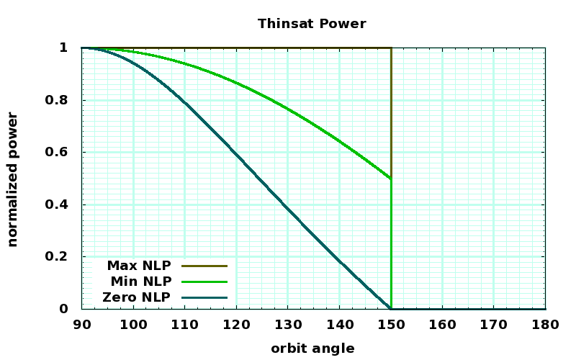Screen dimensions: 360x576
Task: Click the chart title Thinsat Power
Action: pyautogui.click(x=312, y=24)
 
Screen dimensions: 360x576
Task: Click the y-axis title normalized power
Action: pyautogui.click(x=13, y=179)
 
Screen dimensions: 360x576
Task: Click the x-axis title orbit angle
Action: pyautogui.click(x=312, y=348)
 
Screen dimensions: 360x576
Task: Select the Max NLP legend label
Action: pyautogui.click(x=139, y=266)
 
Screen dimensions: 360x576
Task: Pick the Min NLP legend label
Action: pyautogui.click(x=140, y=282)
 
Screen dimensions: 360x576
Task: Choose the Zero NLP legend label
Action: pyautogui.click(x=137, y=297)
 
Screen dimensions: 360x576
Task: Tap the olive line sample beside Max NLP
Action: pyautogui.click(x=204, y=266)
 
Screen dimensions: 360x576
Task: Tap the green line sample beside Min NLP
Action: pyautogui.click(x=204, y=282)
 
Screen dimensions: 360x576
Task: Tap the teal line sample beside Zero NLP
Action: pyautogui.click(x=204, y=297)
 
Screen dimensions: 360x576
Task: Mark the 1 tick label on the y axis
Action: pyautogui.click(x=63, y=48)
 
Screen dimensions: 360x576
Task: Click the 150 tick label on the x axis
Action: pyautogui.click(x=391, y=324)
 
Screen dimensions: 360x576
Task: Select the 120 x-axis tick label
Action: pyautogui.click(x=236, y=324)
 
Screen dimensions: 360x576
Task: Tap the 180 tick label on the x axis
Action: pyautogui.click(x=545, y=324)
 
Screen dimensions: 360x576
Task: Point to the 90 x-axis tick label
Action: pyautogui.click(x=81, y=324)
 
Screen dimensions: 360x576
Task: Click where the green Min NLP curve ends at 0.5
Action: pyautogui.click(x=391, y=179)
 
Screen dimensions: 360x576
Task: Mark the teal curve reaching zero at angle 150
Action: pyautogui.click(x=391, y=309)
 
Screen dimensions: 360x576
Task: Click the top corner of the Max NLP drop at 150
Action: pyautogui.click(x=391, y=48)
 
